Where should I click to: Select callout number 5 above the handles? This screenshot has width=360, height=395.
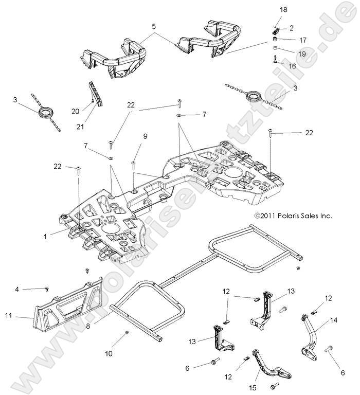pyautogui.click(x=153, y=26)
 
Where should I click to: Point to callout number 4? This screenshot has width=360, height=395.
pyautogui.click(x=17, y=290)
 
